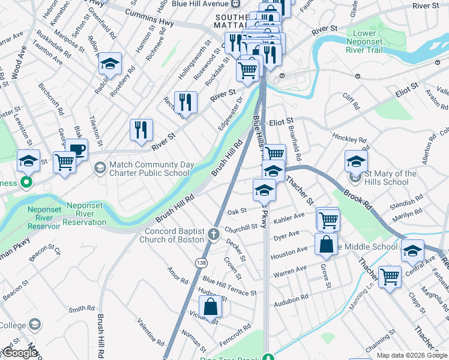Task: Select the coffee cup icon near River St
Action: [x=76, y=150]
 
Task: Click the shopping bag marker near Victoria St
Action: [x=211, y=307]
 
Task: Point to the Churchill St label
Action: [x=241, y=227]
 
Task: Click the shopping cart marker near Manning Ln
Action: [x=390, y=277]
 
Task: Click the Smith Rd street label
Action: [x=82, y=309]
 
